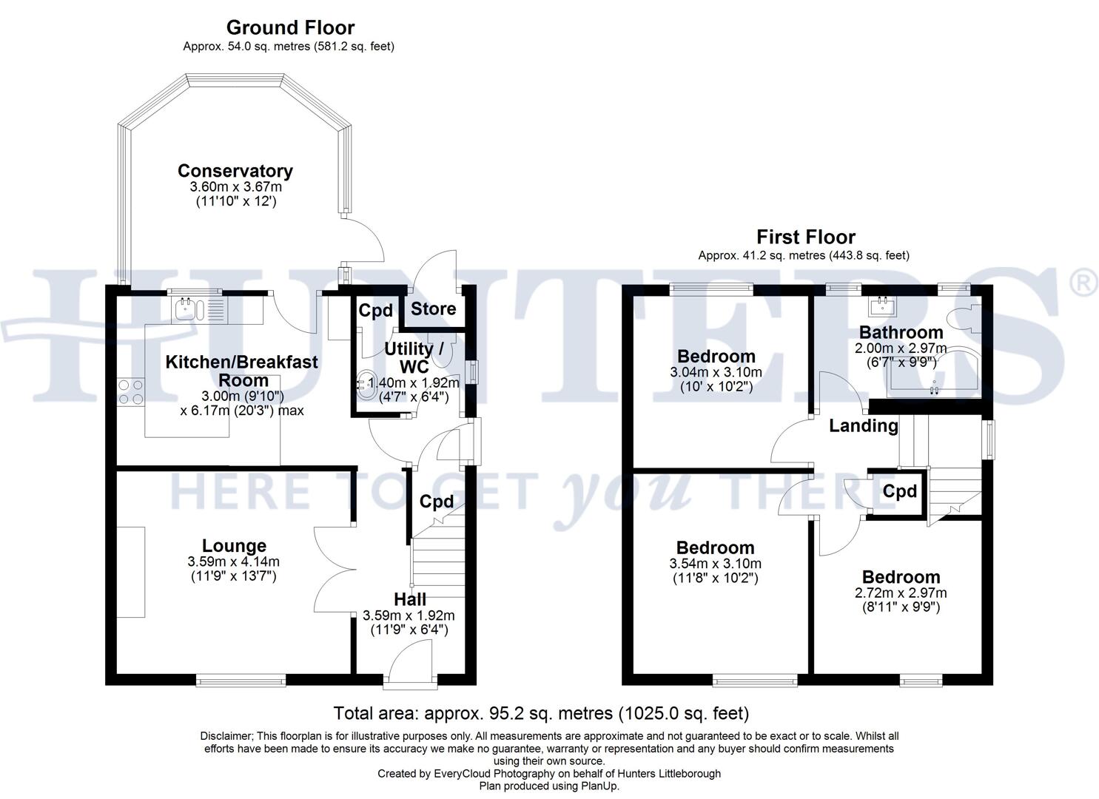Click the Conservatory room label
pos(235,171)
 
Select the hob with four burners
pos(130,391)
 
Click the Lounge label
pos(234,546)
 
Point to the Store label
pos(433,309)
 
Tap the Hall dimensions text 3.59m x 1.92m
pos(409,615)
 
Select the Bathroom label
pos(901,332)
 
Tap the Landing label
pos(863,425)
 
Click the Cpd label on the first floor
pos(899,491)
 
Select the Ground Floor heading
pos(290,27)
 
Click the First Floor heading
pos(805,237)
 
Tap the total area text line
pos(541,713)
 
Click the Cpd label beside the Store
pos(375,310)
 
